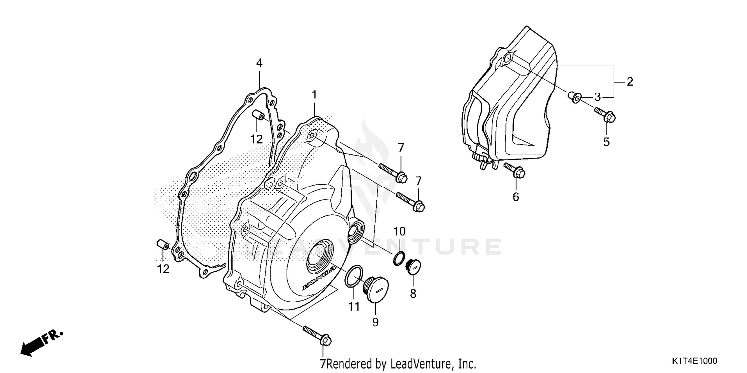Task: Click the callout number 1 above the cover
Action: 314,94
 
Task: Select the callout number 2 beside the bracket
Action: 630,82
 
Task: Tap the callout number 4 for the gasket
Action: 259,63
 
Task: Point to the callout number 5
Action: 606,142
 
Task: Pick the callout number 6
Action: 516,197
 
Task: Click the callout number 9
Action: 375,322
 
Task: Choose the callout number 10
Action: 400,231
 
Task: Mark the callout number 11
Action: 354,307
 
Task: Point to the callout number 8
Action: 413,294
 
